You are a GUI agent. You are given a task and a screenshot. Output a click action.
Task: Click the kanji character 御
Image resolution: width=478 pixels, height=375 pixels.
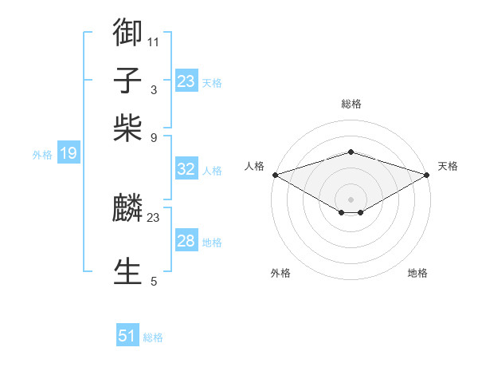[x=128, y=32]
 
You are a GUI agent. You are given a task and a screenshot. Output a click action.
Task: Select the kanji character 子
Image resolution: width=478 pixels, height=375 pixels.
[x=128, y=81]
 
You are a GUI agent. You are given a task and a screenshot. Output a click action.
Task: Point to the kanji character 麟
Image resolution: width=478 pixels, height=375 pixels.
[x=128, y=209]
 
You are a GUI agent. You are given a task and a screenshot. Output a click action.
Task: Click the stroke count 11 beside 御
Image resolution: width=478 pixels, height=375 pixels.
[x=154, y=41]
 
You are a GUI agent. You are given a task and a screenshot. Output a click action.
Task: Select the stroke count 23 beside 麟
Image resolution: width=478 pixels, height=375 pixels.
[x=154, y=218]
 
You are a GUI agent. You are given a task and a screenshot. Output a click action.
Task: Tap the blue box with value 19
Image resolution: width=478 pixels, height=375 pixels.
[x=68, y=154]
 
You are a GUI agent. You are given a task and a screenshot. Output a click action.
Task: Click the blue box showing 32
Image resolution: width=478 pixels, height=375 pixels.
[x=186, y=169]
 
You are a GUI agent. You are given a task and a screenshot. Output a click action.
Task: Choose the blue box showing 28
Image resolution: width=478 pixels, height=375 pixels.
[x=186, y=241]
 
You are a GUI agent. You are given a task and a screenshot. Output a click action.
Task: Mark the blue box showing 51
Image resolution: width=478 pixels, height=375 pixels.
[x=127, y=336]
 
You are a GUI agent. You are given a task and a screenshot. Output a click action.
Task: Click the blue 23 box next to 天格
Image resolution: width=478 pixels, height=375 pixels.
[x=186, y=81]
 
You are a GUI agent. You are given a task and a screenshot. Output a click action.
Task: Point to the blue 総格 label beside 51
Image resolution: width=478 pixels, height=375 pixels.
[x=153, y=337]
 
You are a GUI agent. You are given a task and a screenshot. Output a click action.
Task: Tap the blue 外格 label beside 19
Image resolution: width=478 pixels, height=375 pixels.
[x=42, y=155]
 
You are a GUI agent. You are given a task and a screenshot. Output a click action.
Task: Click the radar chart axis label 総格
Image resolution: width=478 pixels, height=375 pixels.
[x=351, y=104]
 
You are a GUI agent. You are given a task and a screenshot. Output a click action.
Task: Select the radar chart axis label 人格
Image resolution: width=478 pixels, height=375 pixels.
[x=255, y=166]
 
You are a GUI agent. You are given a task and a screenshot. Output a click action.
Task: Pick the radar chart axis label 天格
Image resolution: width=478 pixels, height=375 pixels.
[x=449, y=166]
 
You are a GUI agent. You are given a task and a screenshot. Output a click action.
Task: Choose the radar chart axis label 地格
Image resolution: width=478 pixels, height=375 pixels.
[x=417, y=273]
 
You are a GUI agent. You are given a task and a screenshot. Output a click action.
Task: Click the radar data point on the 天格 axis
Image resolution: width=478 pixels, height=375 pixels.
[x=428, y=175]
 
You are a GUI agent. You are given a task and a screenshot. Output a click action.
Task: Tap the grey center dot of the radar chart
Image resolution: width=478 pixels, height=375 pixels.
[x=351, y=199]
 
